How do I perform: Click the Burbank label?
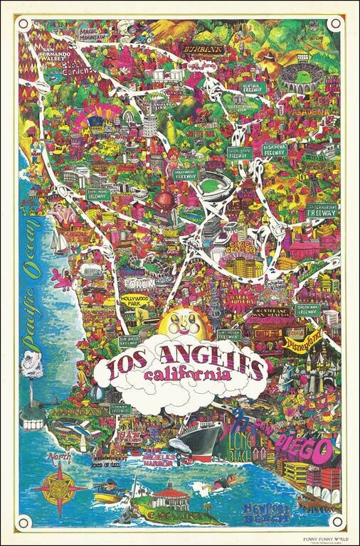(203, 50)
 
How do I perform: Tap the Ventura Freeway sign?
(253, 87)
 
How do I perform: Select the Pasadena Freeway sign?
(274, 150)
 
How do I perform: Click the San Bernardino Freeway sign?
(322, 210)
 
